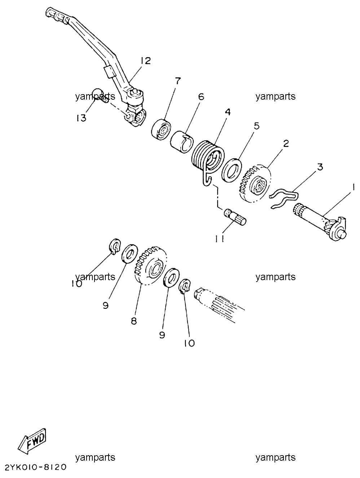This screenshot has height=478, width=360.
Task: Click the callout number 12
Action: click(145, 61)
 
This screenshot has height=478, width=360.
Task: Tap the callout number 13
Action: click(81, 118)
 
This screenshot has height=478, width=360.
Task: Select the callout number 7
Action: click(178, 81)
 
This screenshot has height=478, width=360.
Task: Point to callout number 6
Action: click(201, 96)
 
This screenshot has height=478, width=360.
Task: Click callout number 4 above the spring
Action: click(228, 112)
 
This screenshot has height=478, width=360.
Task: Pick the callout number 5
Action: click(257, 126)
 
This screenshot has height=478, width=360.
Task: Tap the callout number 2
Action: click(286, 143)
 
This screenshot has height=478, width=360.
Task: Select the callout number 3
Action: click(320, 167)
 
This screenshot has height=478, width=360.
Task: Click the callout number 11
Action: click(220, 239)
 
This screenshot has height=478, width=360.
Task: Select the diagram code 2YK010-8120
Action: click(35, 467)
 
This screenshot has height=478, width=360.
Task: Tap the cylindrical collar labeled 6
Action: click(182, 142)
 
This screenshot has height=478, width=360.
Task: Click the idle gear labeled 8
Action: click(150, 265)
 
